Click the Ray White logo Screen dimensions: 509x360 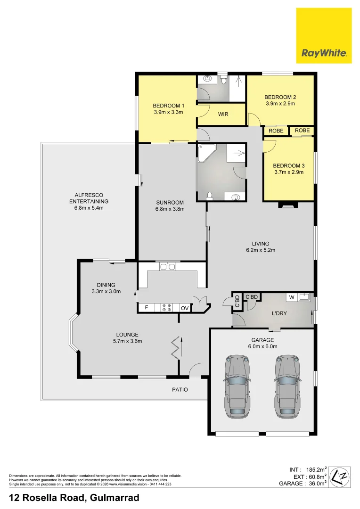tap(324, 35)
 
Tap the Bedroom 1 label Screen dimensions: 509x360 tap(168, 106)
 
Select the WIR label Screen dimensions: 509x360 tap(223, 114)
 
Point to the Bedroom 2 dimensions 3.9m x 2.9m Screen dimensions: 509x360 tap(280, 104)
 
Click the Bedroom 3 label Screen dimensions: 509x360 tap(288, 165)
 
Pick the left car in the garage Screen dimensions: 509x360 tap(237, 386)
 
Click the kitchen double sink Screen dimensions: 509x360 tap(167, 267)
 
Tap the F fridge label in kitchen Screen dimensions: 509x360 tap(146, 308)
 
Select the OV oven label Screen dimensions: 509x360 tap(185, 308)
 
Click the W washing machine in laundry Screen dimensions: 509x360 tap(292, 297)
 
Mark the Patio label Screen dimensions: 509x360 tap(180, 389)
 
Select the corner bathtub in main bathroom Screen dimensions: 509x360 tap(207, 153)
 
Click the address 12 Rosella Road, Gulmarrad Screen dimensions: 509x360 tap(74, 497)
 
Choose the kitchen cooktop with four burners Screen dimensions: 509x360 tap(166, 308)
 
